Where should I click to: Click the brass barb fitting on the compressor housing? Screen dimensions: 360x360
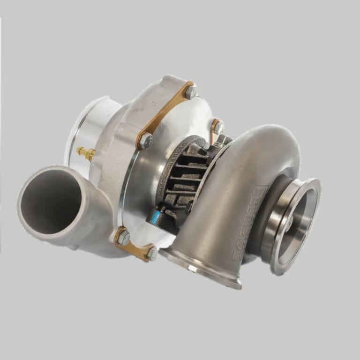pyautogui.click(x=86, y=152)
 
